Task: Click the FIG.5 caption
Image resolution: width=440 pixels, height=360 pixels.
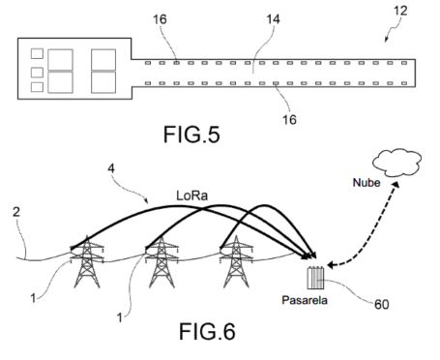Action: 191,135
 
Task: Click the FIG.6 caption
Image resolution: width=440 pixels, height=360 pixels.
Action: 207,331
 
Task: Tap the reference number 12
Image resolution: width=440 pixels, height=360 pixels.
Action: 400,11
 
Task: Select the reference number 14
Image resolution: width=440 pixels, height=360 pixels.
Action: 273,19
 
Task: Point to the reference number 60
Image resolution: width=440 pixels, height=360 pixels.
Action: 382,304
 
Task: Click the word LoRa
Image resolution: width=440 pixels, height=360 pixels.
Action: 191,195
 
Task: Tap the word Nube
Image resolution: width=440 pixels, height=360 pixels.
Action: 367,183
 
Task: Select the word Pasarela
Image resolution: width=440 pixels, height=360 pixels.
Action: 305,300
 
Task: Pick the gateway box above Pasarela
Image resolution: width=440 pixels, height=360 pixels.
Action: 315,278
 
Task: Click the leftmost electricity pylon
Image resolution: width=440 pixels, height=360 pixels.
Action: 87,262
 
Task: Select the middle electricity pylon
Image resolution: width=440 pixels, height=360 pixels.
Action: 161,262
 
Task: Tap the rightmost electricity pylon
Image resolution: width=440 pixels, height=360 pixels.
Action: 236,262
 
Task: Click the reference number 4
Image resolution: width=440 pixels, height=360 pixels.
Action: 111,168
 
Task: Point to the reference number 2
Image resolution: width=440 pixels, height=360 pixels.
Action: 16,212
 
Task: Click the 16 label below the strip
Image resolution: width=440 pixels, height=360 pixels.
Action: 289,120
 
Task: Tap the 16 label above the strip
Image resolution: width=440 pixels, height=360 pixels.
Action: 160,19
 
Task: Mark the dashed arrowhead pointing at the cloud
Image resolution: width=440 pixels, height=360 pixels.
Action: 396,185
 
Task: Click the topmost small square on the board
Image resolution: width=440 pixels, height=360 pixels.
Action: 37,53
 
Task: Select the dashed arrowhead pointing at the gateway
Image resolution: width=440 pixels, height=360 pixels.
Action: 332,265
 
